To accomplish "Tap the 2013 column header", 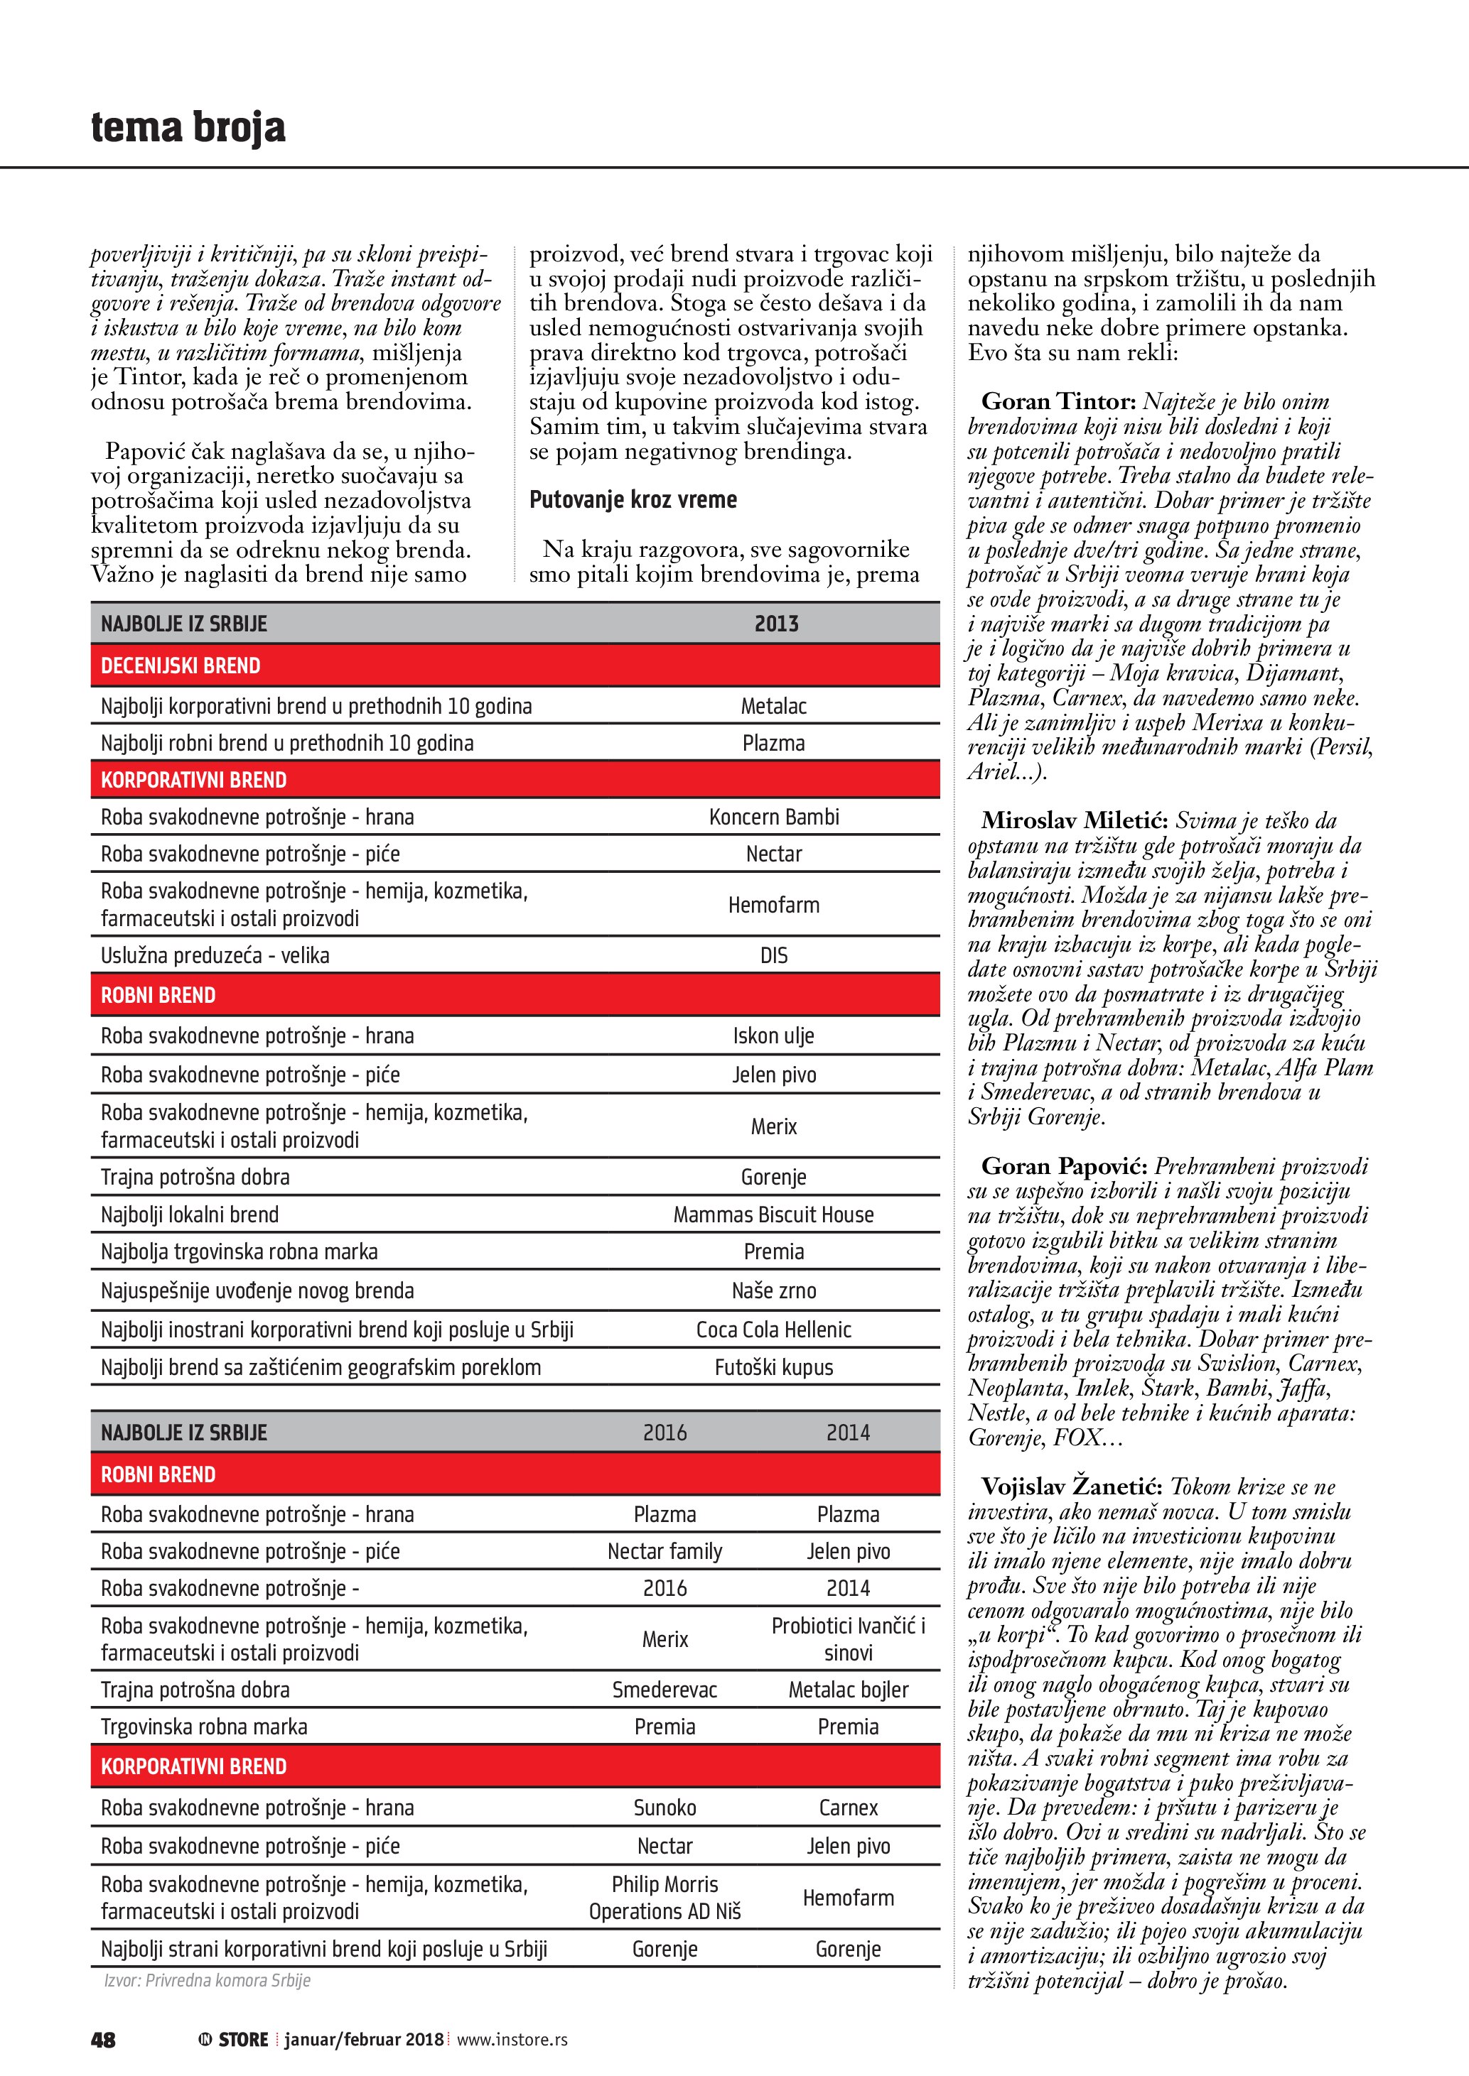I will coord(776,624).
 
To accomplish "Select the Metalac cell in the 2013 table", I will coord(773,706).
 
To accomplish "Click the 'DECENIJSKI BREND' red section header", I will coord(181,666).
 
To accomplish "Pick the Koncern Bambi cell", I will coord(773,817).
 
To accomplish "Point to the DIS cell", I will coord(773,956).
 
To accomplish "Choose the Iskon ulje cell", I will coord(773,1036).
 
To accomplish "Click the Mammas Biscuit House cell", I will coord(773,1215).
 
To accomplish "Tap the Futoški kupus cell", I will coord(773,1368).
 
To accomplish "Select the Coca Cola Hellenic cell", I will coord(773,1330).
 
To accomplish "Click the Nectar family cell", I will coord(664,1552).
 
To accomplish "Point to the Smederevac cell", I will coord(664,1690).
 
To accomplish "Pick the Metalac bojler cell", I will coord(848,1690).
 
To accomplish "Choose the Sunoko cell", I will coord(664,1808).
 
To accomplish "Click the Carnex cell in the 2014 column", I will coord(848,1808).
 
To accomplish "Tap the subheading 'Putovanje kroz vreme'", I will coord(633,500).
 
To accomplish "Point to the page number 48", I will coord(103,2040).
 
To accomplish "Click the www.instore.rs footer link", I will coord(512,2040).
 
